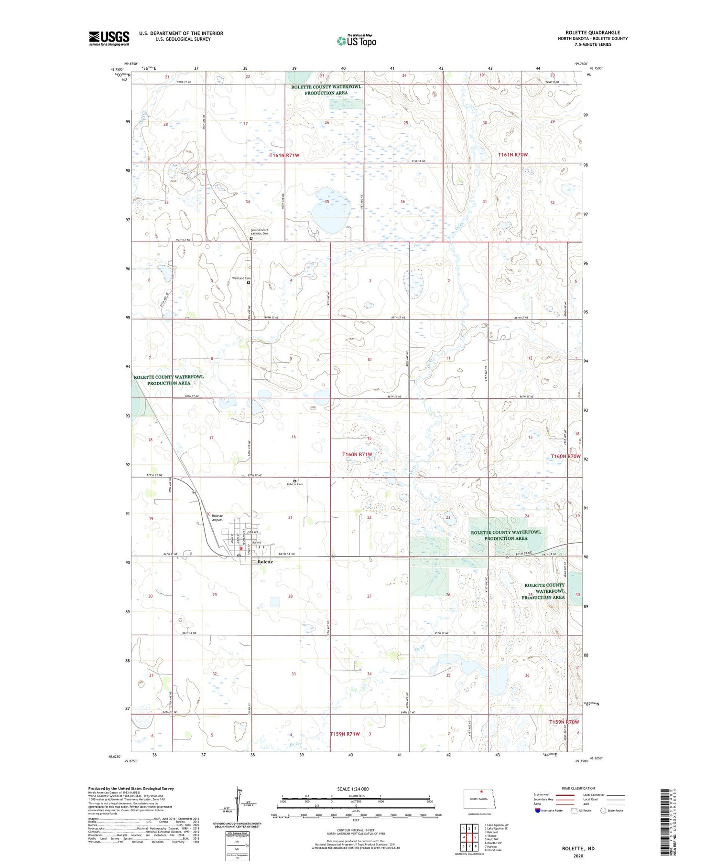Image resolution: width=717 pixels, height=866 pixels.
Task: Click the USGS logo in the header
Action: coord(109,38)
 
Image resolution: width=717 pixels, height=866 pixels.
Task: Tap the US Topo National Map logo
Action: coord(357,41)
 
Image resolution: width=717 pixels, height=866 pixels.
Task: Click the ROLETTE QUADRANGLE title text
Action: coord(593,32)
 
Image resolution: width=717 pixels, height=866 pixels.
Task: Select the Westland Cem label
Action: coord(241,278)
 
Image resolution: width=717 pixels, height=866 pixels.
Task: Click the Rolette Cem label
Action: coord(294,484)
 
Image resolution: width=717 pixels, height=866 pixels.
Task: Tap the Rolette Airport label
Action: coord(217,518)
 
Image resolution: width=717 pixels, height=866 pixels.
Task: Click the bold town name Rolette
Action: coord(265,562)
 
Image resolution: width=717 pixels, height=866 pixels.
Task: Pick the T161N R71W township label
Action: coord(284,155)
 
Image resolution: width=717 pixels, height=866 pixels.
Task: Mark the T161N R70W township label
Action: coord(513,155)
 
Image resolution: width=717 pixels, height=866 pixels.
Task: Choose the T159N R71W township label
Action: coord(345,734)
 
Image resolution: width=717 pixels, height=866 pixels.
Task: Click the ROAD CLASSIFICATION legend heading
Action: coord(578,788)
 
